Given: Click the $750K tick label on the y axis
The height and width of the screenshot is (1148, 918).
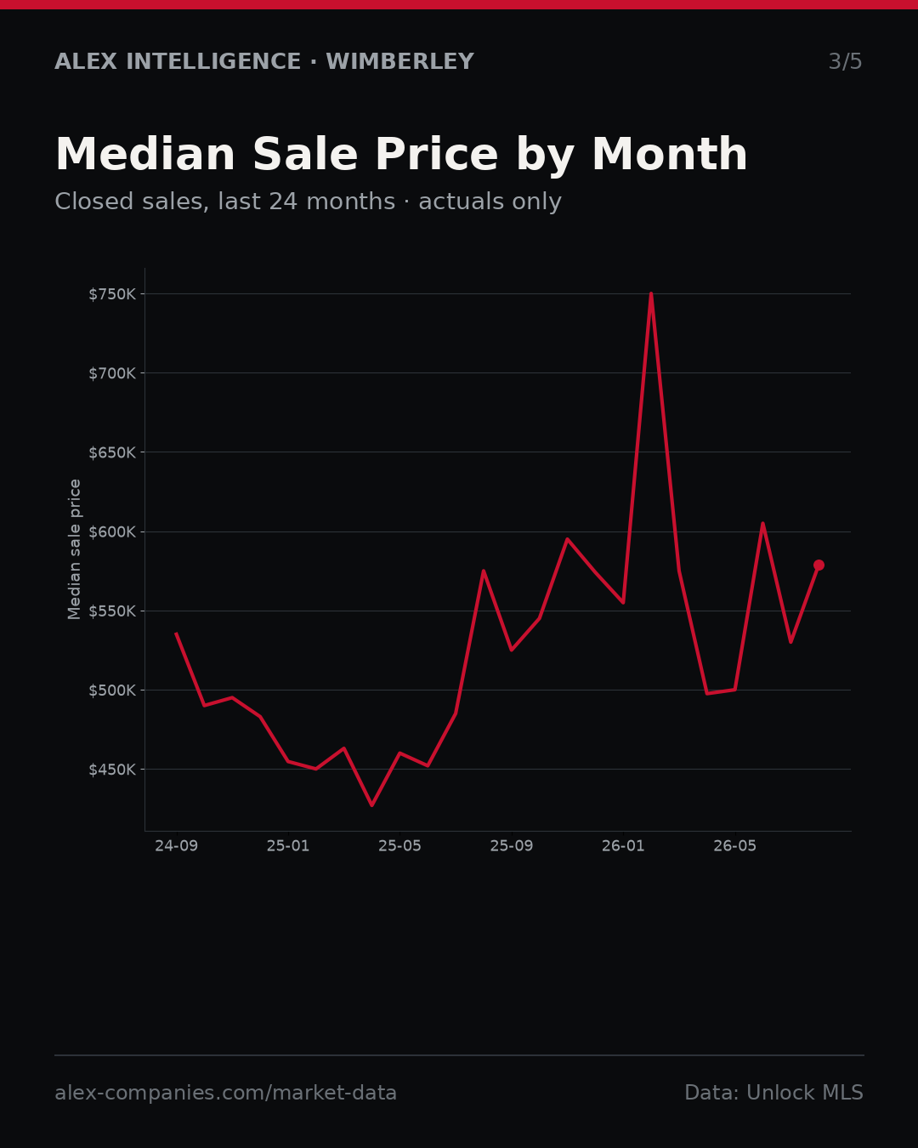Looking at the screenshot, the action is point(112,294).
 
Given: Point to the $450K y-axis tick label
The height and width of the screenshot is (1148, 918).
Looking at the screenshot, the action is point(112,770).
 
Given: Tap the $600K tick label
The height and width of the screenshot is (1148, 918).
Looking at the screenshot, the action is point(112,531).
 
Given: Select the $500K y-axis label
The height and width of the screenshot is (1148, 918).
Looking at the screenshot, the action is point(112,691).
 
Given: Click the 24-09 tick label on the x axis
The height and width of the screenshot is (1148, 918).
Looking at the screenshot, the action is point(177,845).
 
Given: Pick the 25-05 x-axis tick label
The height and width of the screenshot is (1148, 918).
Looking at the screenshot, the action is point(399,845).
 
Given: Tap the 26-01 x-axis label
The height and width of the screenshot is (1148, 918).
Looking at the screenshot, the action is point(623,845).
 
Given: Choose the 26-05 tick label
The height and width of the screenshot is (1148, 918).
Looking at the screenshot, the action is point(735,845).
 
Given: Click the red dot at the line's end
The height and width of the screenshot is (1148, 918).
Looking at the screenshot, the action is point(819,565).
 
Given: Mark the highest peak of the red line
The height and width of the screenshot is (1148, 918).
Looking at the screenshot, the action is point(651,293).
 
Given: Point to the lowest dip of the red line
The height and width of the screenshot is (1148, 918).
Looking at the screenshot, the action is point(371,805).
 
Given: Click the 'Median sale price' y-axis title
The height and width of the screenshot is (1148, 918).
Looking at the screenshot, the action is point(74,549).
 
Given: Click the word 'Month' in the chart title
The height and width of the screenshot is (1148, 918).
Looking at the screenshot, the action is point(670,154).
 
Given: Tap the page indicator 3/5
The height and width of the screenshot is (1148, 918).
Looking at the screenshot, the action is point(846,61).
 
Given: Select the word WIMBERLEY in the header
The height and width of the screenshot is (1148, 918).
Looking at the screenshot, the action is point(400,61).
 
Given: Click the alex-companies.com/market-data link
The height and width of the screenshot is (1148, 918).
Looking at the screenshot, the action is point(225,1093).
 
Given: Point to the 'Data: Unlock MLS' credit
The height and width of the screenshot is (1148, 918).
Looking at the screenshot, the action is point(774,1093).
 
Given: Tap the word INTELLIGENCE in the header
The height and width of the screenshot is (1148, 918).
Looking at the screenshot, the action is point(213,61).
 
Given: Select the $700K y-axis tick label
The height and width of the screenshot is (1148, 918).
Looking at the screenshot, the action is point(112,373).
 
